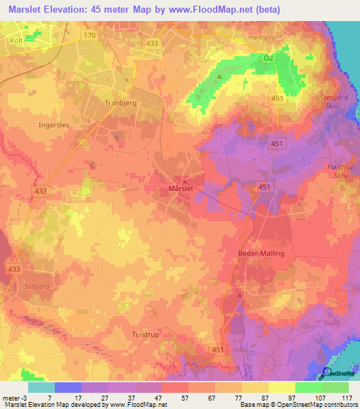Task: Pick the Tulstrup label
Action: click(x=146, y=335)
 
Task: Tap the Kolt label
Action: click(x=16, y=41)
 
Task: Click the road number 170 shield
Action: click(x=89, y=35)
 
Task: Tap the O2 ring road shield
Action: click(x=267, y=58)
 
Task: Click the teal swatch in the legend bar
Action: click(x=41, y=387)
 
